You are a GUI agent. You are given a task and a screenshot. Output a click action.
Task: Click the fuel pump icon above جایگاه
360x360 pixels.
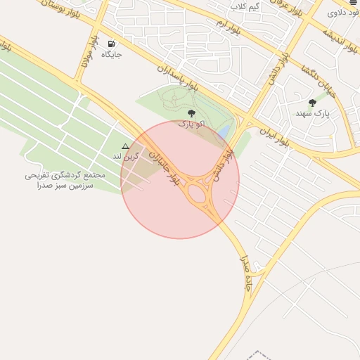[x=111, y=43]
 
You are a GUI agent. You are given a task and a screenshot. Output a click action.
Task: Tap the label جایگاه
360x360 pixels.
[x=111, y=54]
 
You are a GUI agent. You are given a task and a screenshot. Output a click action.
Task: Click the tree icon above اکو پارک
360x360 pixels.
[x=191, y=112]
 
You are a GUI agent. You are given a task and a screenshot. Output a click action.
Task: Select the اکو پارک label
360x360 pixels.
[x=191, y=124]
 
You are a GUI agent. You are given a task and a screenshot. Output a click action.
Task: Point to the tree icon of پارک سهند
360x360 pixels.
[x=312, y=103]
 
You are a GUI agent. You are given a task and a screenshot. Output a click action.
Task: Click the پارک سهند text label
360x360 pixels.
[x=312, y=113]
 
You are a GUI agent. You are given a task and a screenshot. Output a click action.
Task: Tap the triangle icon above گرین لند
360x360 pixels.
[x=125, y=148]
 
